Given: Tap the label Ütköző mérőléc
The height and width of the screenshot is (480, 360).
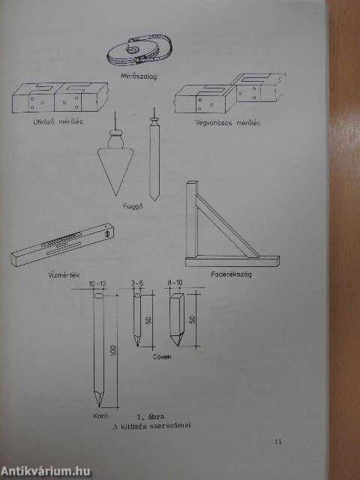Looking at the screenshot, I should pos(56,121).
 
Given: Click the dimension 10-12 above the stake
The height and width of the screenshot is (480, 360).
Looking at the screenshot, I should pos(97,284).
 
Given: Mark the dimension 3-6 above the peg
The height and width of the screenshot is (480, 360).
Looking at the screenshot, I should pos(137,284).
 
